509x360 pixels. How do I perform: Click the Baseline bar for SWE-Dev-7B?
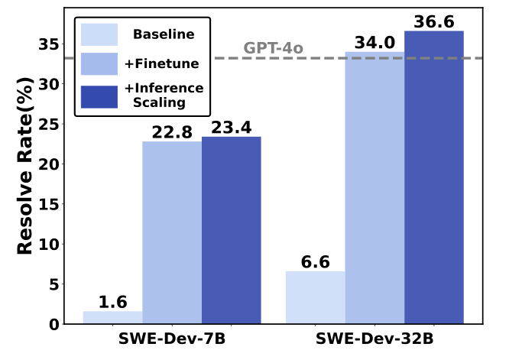112,317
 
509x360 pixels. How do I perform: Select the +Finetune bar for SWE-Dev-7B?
172,232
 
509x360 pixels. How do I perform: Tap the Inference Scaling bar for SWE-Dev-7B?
231,230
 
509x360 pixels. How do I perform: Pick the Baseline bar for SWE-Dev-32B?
315,297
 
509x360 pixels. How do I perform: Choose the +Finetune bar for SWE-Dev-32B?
374,188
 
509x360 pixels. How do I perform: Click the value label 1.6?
112,301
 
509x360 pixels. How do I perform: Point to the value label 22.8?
172,131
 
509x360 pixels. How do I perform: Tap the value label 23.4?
231,127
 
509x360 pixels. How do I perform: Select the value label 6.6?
315,261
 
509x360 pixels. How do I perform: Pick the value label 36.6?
433,21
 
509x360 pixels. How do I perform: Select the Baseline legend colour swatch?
99,34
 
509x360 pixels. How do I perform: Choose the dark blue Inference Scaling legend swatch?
99,96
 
